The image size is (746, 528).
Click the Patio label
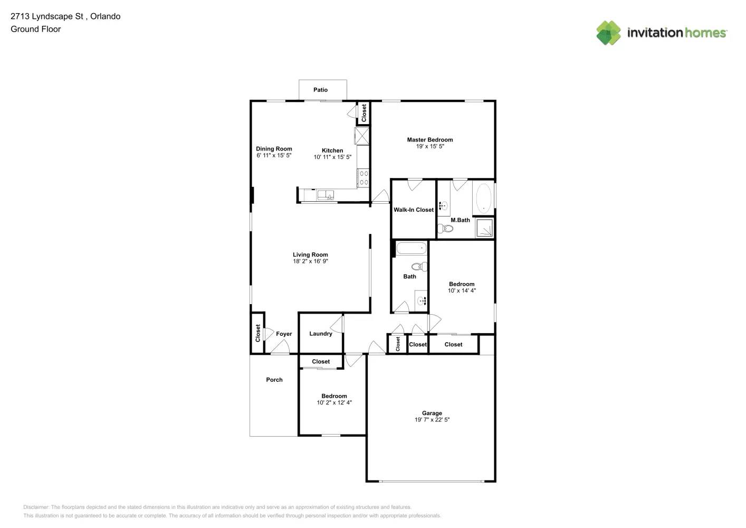coord(320,90)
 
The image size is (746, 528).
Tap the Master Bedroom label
coord(429,140)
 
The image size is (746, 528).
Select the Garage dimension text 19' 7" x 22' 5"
coord(432,420)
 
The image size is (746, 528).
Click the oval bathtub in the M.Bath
coord(483,199)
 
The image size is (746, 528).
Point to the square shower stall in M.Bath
coord(484,228)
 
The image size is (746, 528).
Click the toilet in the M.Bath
coord(445,229)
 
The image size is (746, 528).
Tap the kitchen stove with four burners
coord(364,178)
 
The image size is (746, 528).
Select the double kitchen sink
coord(326,195)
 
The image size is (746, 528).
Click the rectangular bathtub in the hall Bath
coord(412,249)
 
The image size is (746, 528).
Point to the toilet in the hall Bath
coord(419,267)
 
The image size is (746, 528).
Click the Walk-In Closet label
coord(413,210)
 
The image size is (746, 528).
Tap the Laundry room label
coord(320,334)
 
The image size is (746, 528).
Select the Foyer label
coord(284,334)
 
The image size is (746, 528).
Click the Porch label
coord(274,380)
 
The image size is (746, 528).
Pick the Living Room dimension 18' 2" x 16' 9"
coord(310,261)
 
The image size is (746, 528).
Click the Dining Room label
coord(274,149)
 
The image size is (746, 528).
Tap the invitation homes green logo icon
coord(608,33)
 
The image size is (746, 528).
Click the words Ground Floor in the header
coord(36,29)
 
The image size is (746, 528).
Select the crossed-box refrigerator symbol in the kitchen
coord(362,136)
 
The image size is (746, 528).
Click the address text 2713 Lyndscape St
coord(46,16)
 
